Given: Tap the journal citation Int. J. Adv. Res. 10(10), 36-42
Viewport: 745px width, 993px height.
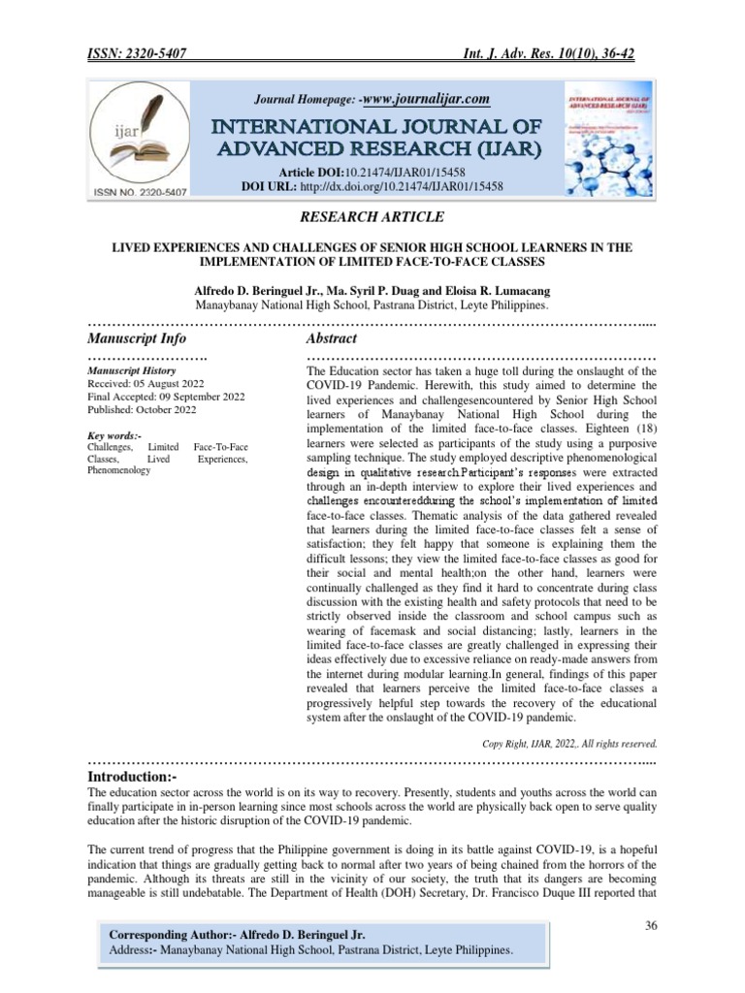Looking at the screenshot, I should click(x=548, y=54).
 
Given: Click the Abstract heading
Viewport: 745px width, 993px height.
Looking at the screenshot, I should click(x=331, y=338).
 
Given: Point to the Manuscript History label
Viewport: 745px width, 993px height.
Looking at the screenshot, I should click(x=131, y=371).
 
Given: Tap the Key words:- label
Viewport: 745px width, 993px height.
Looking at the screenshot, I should click(x=114, y=436).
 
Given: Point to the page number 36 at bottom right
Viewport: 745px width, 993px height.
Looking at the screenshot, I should click(x=652, y=926).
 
